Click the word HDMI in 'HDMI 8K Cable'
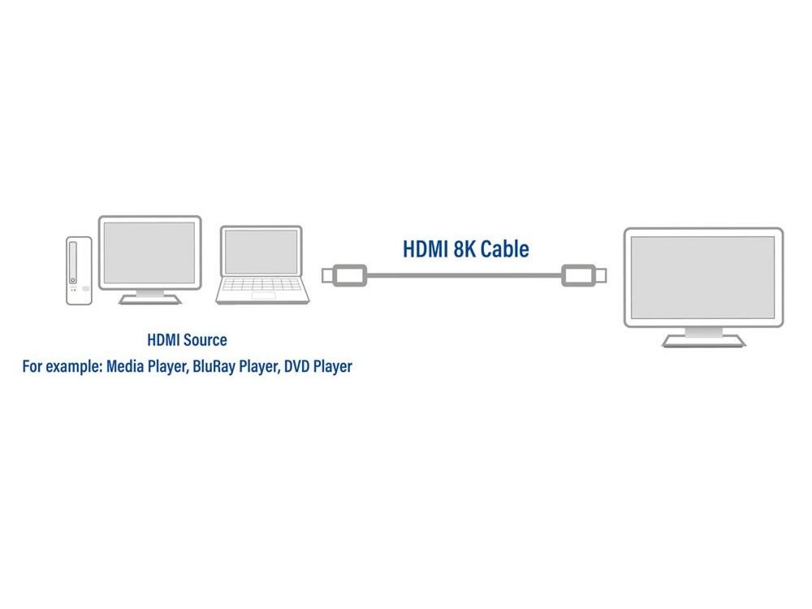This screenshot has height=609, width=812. pos(426,249)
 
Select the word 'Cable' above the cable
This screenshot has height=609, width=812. pos(504,249)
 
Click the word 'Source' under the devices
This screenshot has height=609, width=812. pos(206,339)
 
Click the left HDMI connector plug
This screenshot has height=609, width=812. pos(346,275)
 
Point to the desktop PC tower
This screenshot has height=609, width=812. pos(79,270)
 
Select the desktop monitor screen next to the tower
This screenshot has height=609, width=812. pos(149,252)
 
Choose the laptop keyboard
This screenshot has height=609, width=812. pos(261,287)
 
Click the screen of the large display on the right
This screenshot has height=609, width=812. pos(703,277)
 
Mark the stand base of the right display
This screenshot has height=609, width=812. pos(703,342)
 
